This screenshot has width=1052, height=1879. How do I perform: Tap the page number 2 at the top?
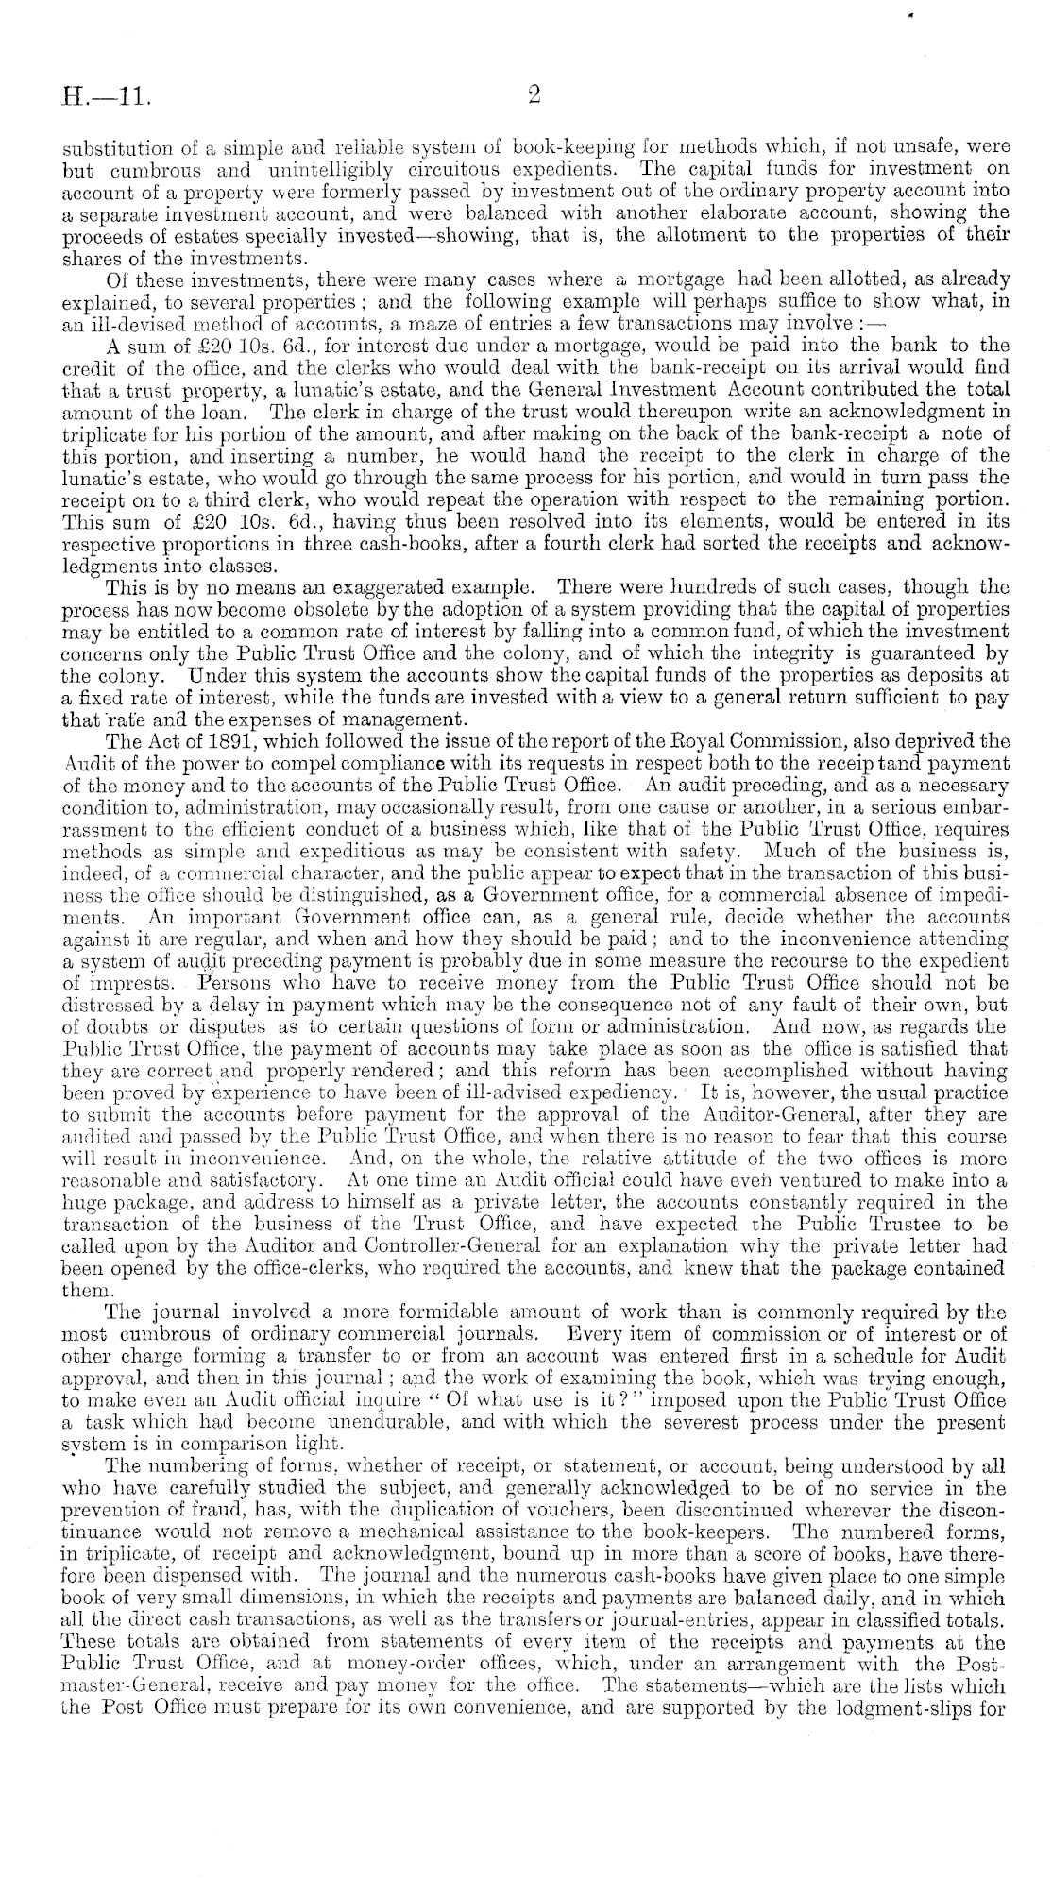(x=534, y=95)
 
